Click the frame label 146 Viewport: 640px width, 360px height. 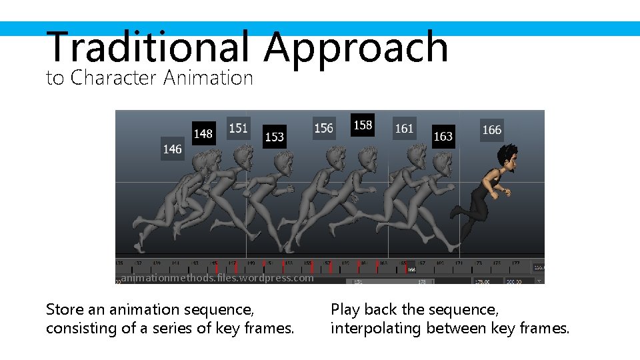point(172,149)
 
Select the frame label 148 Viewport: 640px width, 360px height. point(203,133)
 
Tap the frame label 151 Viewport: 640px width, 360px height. point(238,127)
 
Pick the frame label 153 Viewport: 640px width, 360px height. point(274,137)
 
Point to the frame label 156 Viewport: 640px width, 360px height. point(323,127)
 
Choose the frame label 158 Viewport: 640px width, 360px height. point(363,125)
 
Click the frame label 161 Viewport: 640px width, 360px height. point(404,128)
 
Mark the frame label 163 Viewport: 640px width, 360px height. point(443,137)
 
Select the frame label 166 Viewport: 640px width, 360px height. point(491,130)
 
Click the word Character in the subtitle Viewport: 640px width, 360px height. point(113,78)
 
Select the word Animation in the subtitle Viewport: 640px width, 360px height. point(208,78)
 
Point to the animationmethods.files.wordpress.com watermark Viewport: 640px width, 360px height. point(217,278)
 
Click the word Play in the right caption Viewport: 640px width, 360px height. point(345,310)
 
